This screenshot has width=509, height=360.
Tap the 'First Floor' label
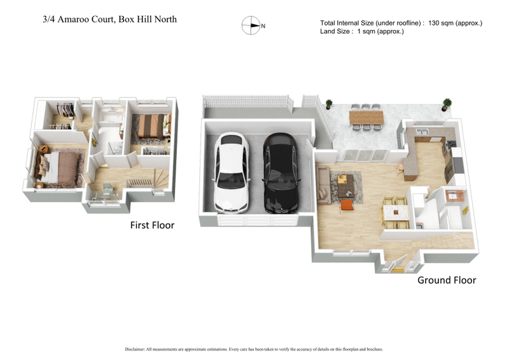pos(152,225)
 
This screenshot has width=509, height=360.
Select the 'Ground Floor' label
pos(446,280)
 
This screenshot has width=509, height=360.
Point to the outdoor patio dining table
pos(366,118)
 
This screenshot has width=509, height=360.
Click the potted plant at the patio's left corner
pos(329,104)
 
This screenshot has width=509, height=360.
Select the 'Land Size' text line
pos(362,31)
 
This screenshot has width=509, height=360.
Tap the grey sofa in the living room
pos(323,182)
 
